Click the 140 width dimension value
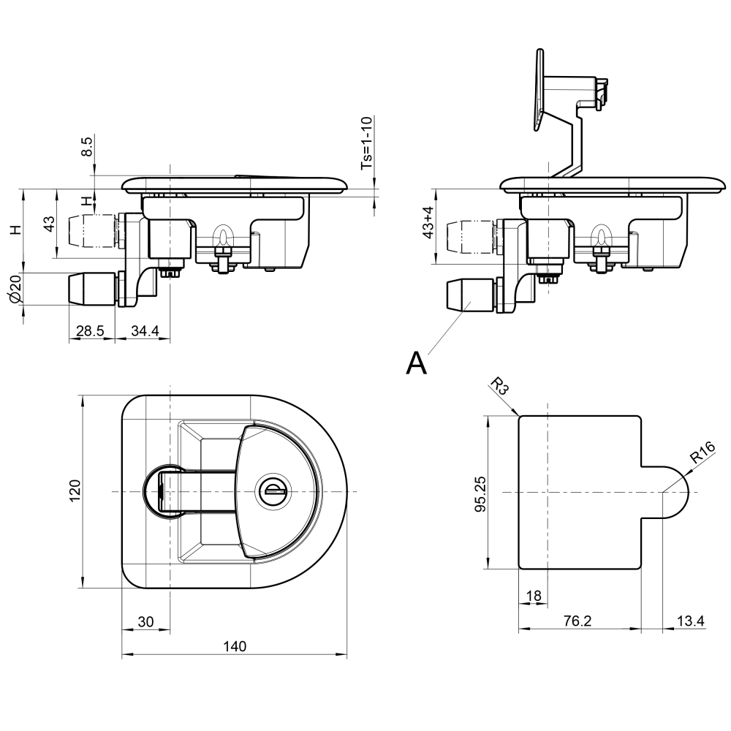click(x=235, y=646)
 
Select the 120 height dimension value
click(x=75, y=490)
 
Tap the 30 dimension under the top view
click(x=146, y=621)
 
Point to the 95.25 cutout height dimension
click(x=480, y=493)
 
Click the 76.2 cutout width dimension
click(x=577, y=621)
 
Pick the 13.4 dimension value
click(x=690, y=621)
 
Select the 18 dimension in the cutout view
click(x=534, y=596)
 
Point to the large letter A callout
click(x=416, y=363)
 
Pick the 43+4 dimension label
click(x=428, y=227)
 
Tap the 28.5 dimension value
click(x=91, y=331)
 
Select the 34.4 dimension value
click(x=145, y=331)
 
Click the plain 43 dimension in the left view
click(x=49, y=224)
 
